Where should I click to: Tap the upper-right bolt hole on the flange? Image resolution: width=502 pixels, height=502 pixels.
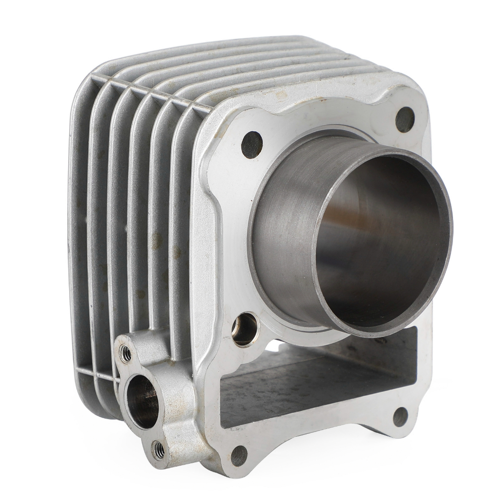pyautogui.click(x=404, y=119)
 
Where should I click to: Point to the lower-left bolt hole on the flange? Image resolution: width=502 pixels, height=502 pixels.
pyautogui.click(x=239, y=455)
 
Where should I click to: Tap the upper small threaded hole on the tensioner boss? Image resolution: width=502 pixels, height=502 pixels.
pyautogui.click(x=126, y=353)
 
